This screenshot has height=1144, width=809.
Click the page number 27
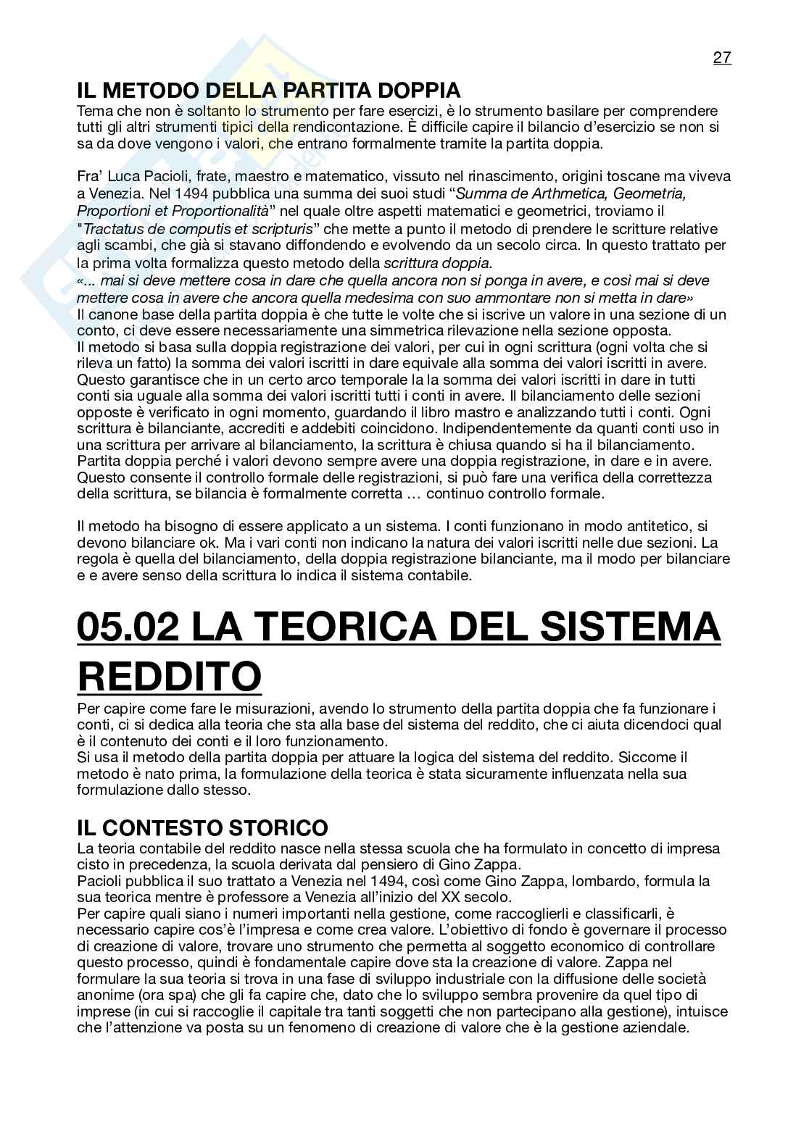click(x=722, y=58)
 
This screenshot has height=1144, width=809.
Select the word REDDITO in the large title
click(x=169, y=677)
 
